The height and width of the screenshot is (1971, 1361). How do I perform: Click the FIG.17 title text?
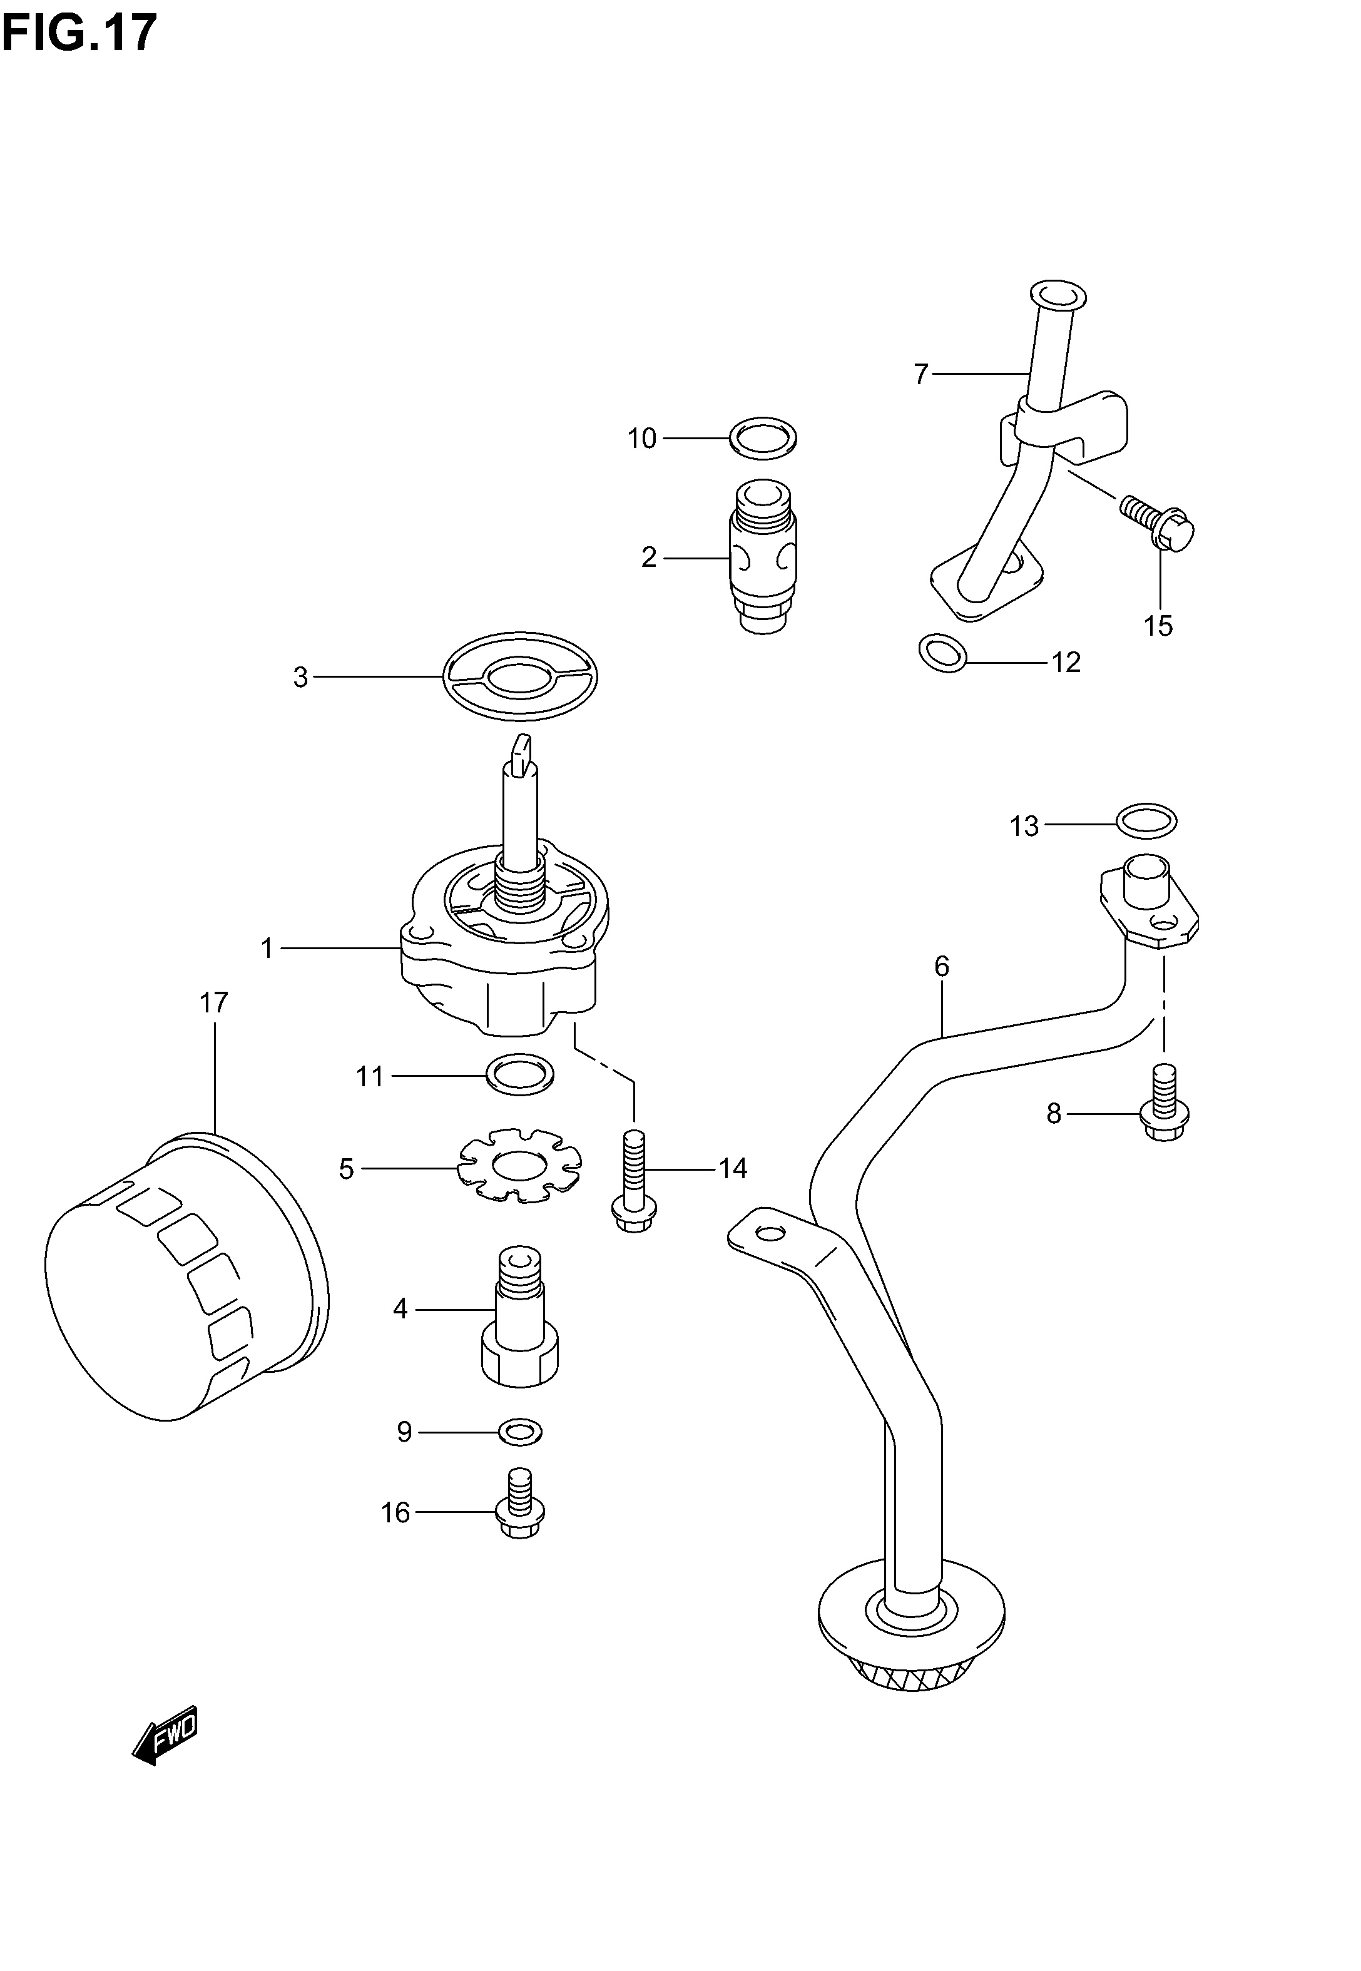tap(79, 33)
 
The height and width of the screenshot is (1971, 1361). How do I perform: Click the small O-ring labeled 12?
tap(942, 653)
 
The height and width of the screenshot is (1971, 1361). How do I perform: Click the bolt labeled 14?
tap(635, 1181)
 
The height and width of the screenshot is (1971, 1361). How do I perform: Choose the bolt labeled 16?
tap(519, 1503)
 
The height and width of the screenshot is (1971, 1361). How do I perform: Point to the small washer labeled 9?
tap(519, 1432)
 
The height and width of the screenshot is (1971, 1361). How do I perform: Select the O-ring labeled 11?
tap(519, 1075)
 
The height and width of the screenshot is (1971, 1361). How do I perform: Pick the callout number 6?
tap(942, 966)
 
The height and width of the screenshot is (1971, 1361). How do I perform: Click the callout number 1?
tap(267, 948)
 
